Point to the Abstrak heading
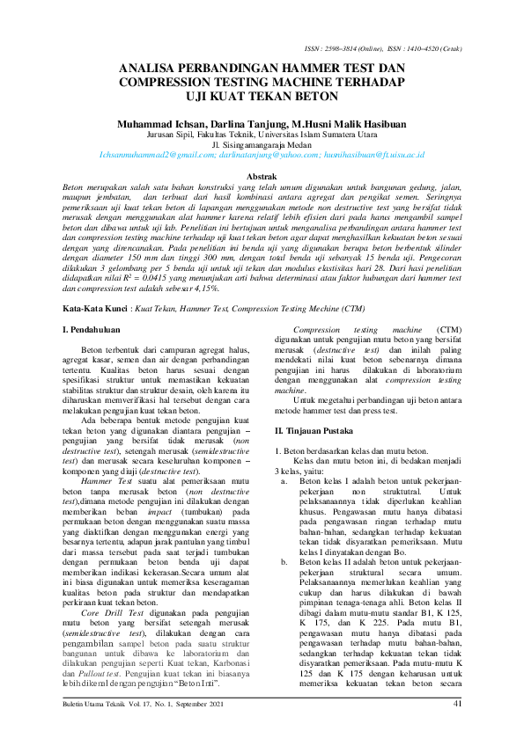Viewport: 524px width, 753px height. click(x=261, y=178)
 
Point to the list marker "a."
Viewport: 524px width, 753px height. click(x=284, y=482)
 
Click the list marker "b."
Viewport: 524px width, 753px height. click(x=284, y=560)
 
